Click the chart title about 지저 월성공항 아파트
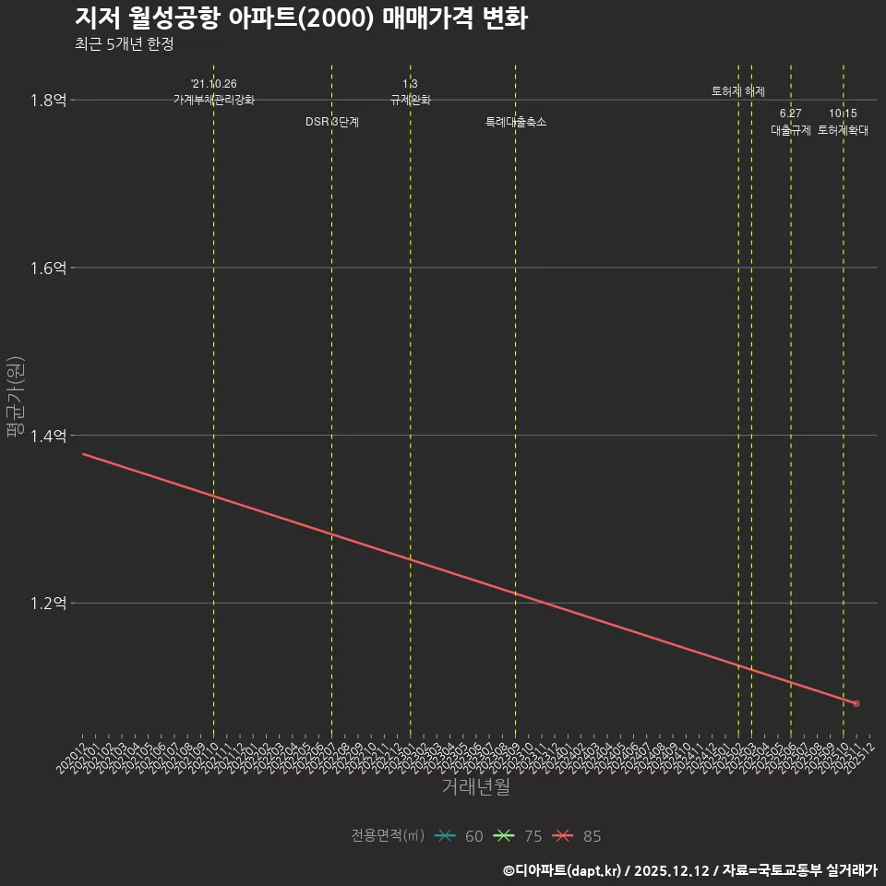[x=301, y=18]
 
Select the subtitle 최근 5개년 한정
[x=124, y=44]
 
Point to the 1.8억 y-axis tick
[x=48, y=100]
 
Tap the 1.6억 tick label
[x=48, y=268]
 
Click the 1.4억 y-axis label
[x=48, y=436]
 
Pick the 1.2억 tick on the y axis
[x=48, y=604]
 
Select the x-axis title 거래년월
[x=475, y=787]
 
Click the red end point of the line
[x=856, y=704]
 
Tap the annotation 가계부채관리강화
[x=213, y=100]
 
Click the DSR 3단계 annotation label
[x=332, y=122]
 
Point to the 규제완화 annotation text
[x=411, y=100]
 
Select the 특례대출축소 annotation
[x=516, y=122]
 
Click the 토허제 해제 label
[x=738, y=91]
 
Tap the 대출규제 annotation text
[x=791, y=130]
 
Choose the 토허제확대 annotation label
[x=844, y=130]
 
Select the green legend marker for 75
[x=504, y=836]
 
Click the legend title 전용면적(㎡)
[x=388, y=836]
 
